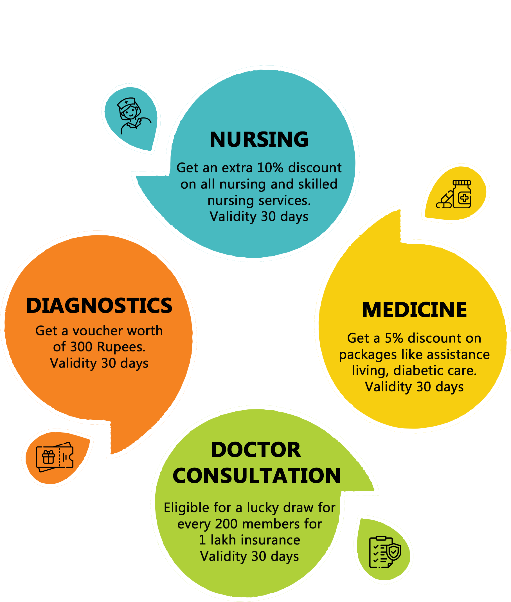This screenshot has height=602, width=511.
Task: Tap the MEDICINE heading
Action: point(414,310)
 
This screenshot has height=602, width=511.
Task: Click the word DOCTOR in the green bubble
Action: point(256,450)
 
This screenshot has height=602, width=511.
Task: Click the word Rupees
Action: point(121,347)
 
